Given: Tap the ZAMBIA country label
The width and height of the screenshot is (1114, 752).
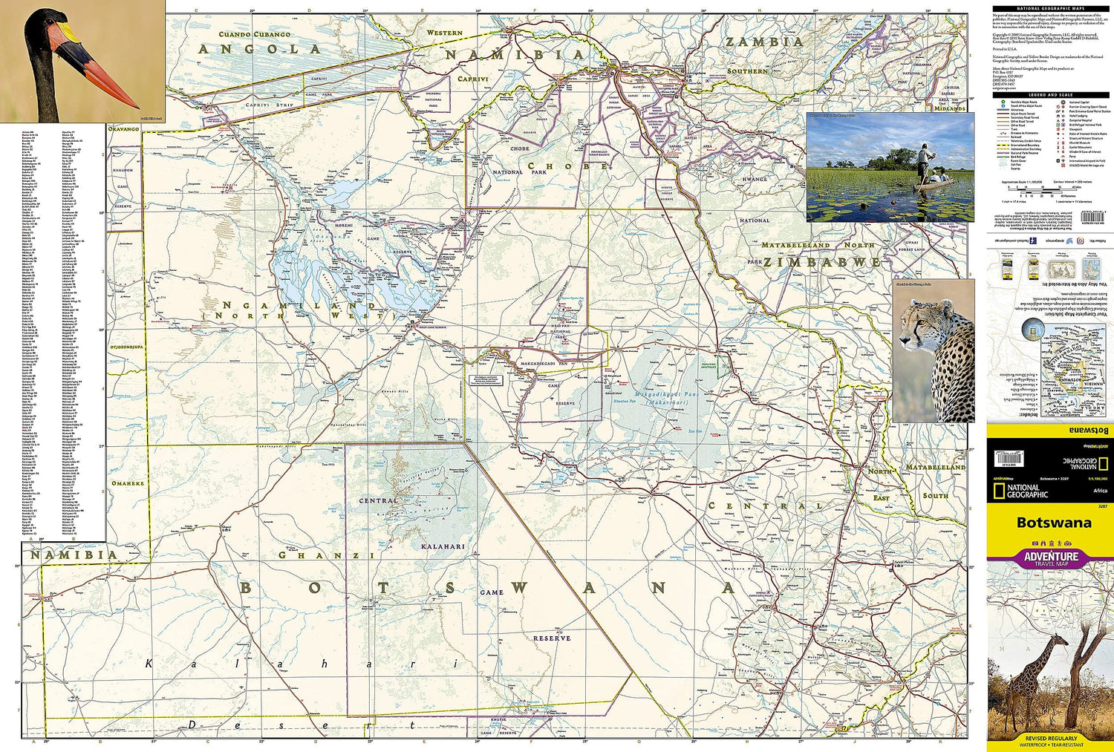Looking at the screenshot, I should [x=764, y=42].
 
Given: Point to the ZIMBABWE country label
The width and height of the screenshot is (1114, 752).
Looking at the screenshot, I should [x=822, y=262].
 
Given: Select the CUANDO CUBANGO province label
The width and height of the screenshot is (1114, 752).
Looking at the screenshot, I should [x=254, y=34].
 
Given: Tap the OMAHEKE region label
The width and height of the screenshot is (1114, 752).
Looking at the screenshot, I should [x=127, y=483].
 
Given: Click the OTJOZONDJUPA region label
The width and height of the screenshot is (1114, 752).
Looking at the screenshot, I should [x=126, y=347].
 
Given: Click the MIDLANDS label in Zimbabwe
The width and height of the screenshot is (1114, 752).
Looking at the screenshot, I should [x=950, y=108].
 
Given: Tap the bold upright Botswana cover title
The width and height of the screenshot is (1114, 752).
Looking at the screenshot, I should [x=1054, y=522].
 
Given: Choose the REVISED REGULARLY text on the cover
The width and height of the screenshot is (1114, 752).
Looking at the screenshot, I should [x=1051, y=739].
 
